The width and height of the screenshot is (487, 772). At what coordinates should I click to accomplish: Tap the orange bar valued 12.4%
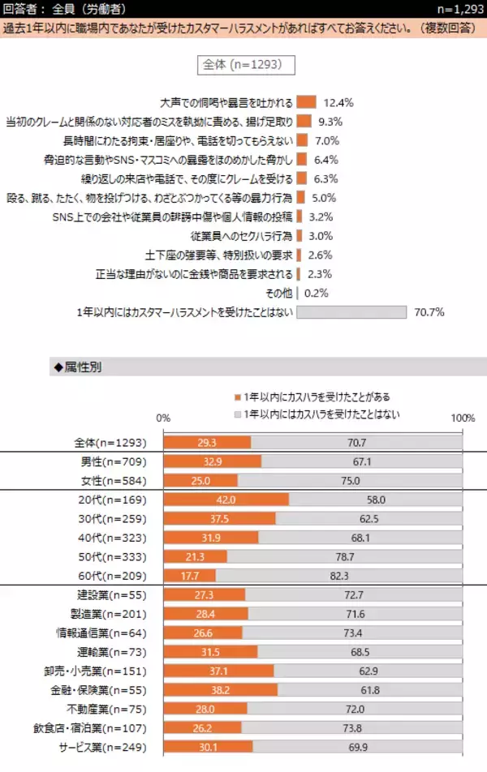point(306,102)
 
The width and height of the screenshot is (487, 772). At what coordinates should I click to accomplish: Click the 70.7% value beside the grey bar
point(428,312)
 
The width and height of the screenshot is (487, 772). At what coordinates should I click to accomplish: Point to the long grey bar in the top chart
point(351,312)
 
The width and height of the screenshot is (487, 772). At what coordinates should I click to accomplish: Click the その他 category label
point(278,293)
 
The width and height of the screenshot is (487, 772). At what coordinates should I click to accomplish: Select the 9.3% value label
point(330,122)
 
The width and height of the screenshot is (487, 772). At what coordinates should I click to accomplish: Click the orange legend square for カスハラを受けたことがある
point(238,397)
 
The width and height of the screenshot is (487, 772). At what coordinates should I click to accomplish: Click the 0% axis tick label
point(163,418)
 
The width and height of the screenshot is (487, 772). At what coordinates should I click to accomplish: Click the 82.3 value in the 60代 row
point(338,576)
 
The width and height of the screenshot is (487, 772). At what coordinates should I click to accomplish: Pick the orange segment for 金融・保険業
point(221,690)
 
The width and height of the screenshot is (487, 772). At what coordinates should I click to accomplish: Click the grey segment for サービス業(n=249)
point(357,748)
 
